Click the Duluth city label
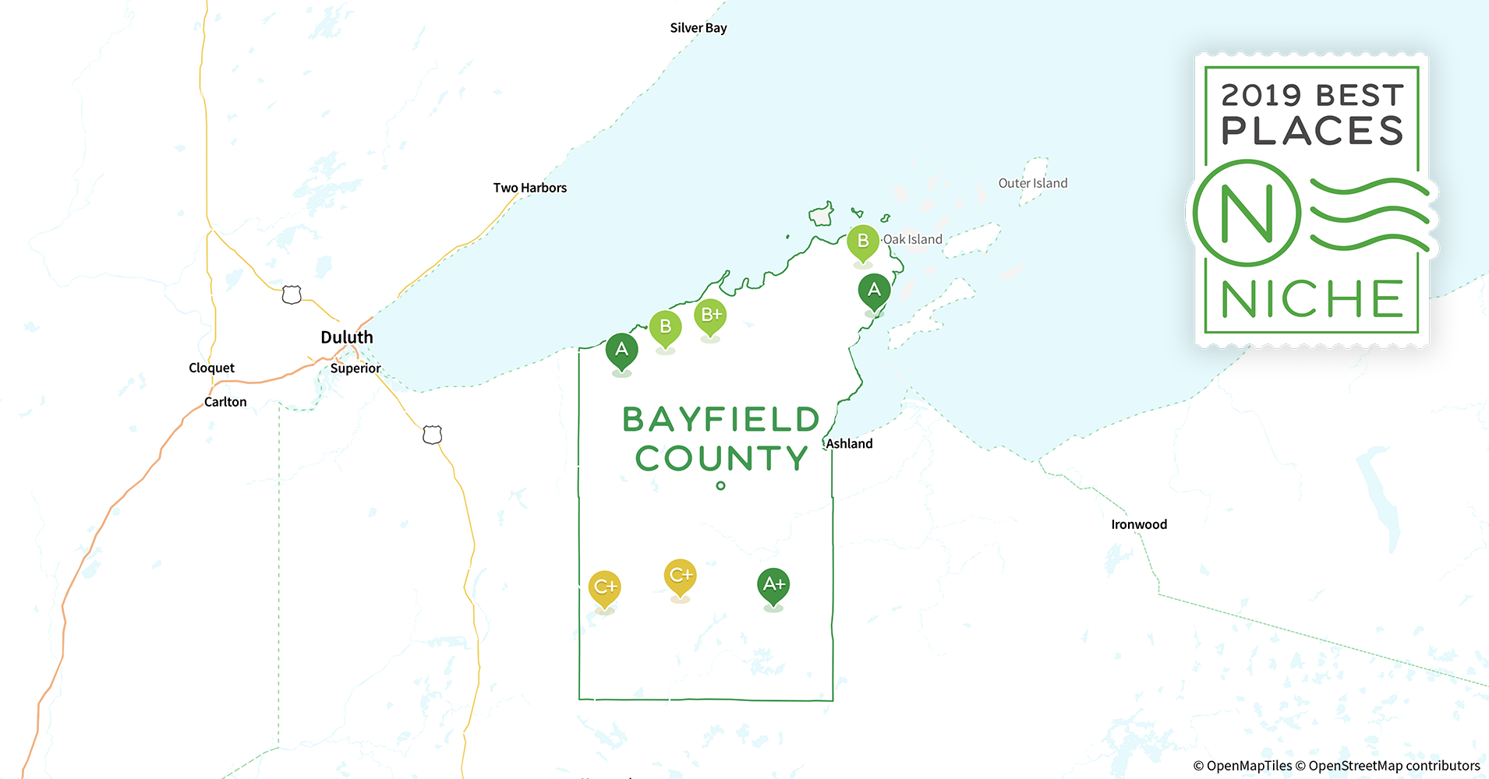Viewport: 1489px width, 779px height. (x=347, y=337)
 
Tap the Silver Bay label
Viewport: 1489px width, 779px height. (x=699, y=28)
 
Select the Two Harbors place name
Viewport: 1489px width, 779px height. (x=530, y=188)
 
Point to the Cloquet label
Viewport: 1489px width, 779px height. (x=211, y=368)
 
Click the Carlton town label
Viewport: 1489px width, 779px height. (x=225, y=402)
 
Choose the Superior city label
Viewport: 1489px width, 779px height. (x=355, y=368)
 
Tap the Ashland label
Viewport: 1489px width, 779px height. (x=850, y=444)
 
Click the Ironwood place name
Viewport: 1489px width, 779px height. (x=1139, y=524)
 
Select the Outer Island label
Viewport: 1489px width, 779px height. (x=1033, y=183)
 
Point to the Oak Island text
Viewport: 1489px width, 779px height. (x=913, y=239)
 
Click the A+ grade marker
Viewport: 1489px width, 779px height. (x=773, y=585)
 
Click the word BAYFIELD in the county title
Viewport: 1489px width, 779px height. (x=721, y=420)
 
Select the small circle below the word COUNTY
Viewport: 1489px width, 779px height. (x=720, y=485)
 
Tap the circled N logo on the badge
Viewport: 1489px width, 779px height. (x=1247, y=213)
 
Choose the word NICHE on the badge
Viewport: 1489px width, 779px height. (x=1312, y=299)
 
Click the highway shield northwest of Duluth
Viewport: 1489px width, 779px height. (x=292, y=294)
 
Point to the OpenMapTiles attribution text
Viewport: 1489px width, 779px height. (x=1243, y=766)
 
